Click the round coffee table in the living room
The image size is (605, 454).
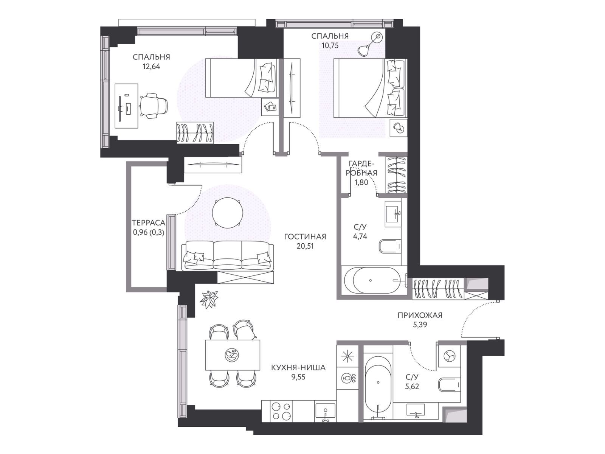pyautogui.click(x=227, y=213)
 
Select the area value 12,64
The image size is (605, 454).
pyautogui.click(x=151, y=67)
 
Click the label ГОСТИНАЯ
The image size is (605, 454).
pyautogui.click(x=305, y=236)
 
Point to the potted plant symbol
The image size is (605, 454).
pyautogui.click(x=209, y=299)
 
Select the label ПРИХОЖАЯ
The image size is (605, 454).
pyautogui.click(x=420, y=315)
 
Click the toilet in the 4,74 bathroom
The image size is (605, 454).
pyautogui.click(x=390, y=246)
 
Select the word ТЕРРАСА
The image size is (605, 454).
pyautogui.click(x=148, y=222)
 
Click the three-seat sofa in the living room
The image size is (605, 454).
pyautogui.click(x=228, y=256)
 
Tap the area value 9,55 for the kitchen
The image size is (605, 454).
pyautogui.click(x=298, y=377)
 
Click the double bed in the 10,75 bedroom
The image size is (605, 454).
pyautogui.click(x=370, y=88)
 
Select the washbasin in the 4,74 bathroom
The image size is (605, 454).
pyautogui.click(x=393, y=214)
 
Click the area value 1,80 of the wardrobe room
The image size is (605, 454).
pyautogui.click(x=361, y=182)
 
